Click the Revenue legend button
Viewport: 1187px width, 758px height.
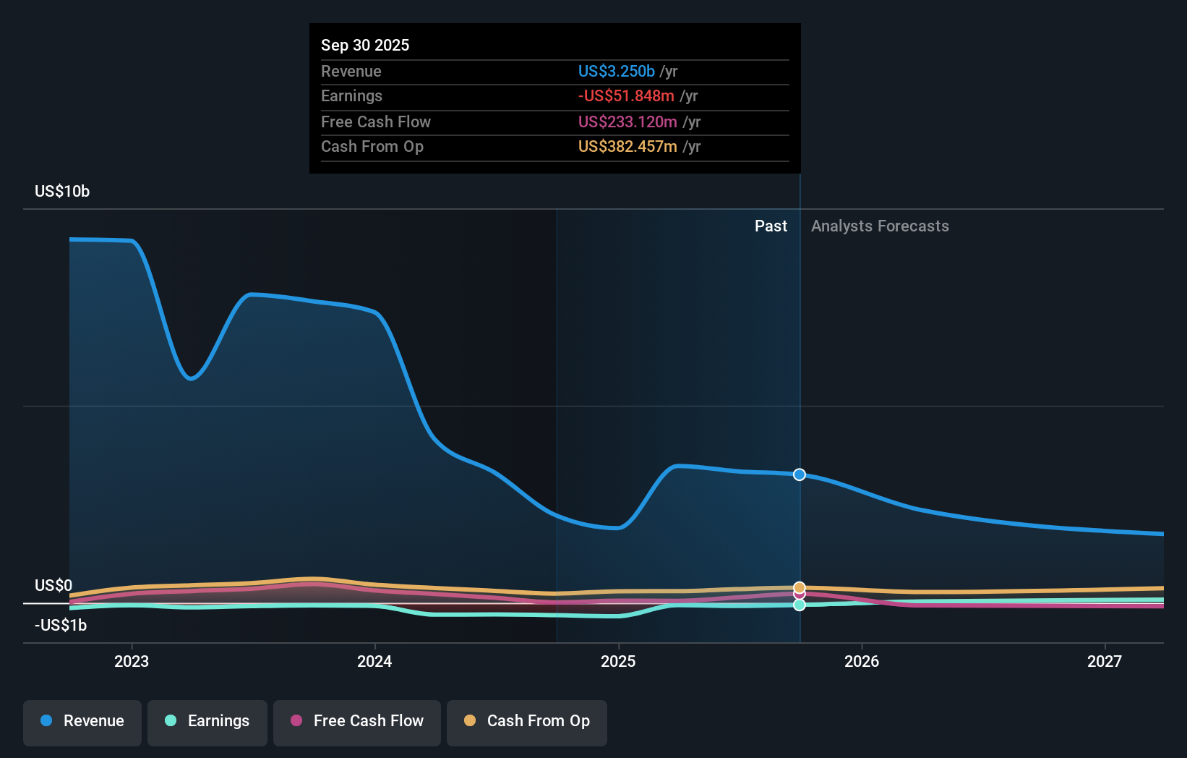click(x=82, y=721)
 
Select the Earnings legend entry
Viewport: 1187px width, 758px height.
click(x=207, y=721)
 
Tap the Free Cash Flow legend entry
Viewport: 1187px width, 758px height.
click(x=357, y=721)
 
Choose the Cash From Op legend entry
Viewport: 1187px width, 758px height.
click(x=527, y=721)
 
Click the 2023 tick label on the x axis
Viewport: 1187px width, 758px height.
click(x=132, y=661)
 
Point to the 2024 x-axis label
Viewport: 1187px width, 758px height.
click(x=374, y=661)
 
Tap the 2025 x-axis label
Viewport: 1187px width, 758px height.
click(x=618, y=661)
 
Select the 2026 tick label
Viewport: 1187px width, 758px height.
click(x=862, y=661)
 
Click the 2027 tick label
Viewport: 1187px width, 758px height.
click(x=1105, y=661)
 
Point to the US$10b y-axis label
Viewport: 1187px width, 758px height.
click(x=62, y=192)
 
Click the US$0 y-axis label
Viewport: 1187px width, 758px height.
click(x=53, y=585)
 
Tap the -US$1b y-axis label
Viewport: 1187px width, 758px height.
click(x=61, y=626)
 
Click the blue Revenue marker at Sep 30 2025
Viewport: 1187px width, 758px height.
click(x=800, y=474)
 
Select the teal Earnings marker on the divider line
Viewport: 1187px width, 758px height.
click(x=800, y=605)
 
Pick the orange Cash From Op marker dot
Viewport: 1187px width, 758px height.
click(x=800, y=587)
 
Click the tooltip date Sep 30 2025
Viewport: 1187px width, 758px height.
click(x=365, y=45)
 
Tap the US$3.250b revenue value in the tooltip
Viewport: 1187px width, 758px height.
click(x=616, y=71)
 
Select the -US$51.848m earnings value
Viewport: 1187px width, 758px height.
click(x=626, y=96)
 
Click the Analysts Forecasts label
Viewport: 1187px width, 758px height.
click(x=880, y=226)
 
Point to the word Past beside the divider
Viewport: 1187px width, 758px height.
click(x=771, y=226)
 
